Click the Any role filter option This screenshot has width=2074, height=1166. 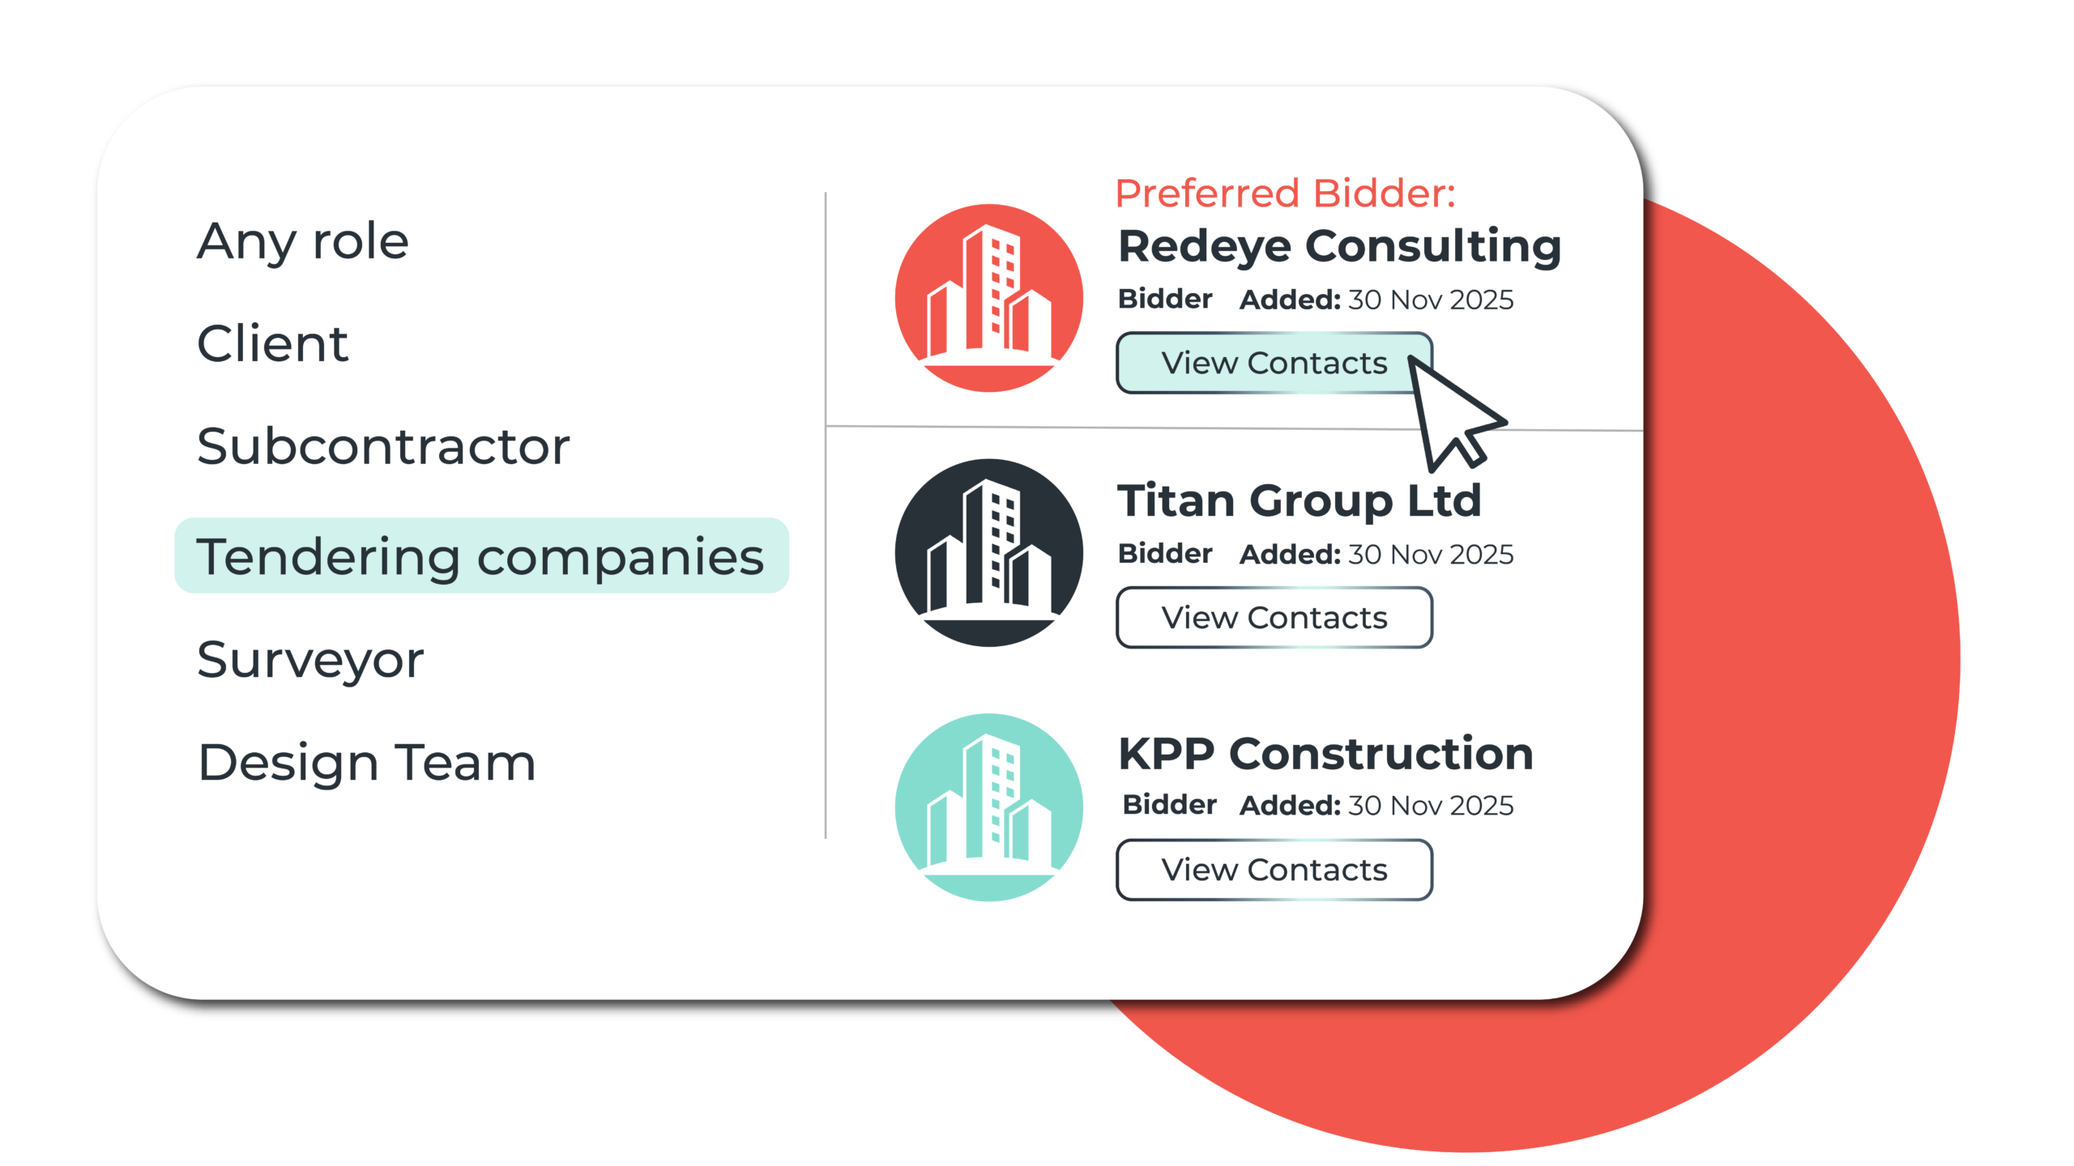(x=303, y=241)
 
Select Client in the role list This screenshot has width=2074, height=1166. (x=273, y=343)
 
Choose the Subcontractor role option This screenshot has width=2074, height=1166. (x=383, y=446)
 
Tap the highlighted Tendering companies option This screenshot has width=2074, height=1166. (x=481, y=556)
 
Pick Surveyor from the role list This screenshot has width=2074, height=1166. (x=310, y=659)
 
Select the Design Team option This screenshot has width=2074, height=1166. (x=366, y=762)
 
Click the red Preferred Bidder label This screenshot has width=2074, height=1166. (x=1285, y=194)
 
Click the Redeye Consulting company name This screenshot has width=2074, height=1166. (x=1339, y=246)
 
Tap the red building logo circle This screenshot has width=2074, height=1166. (x=988, y=298)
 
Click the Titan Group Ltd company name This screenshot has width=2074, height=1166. (x=1299, y=500)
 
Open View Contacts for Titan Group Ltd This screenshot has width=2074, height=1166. (x=1274, y=618)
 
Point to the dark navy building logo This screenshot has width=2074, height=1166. (x=988, y=553)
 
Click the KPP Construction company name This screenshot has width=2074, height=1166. (x=1325, y=754)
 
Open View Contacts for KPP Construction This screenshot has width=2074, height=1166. (x=1274, y=870)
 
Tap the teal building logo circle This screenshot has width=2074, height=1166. (x=988, y=807)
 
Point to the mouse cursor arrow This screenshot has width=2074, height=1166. (x=1450, y=413)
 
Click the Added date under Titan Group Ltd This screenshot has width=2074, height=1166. (x=1376, y=555)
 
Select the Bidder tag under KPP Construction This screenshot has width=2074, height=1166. (x=1169, y=805)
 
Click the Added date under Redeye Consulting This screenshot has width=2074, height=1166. (x=1376, y=300)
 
